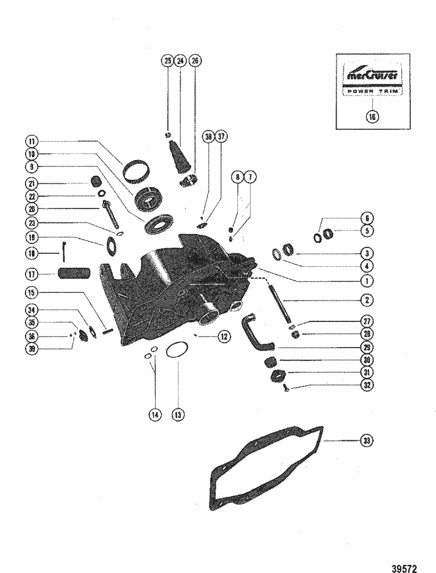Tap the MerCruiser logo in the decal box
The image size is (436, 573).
(x=372, y=75)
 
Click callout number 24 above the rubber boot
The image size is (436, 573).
(x=180, y=61)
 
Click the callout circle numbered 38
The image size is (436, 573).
(x=208, y=137)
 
